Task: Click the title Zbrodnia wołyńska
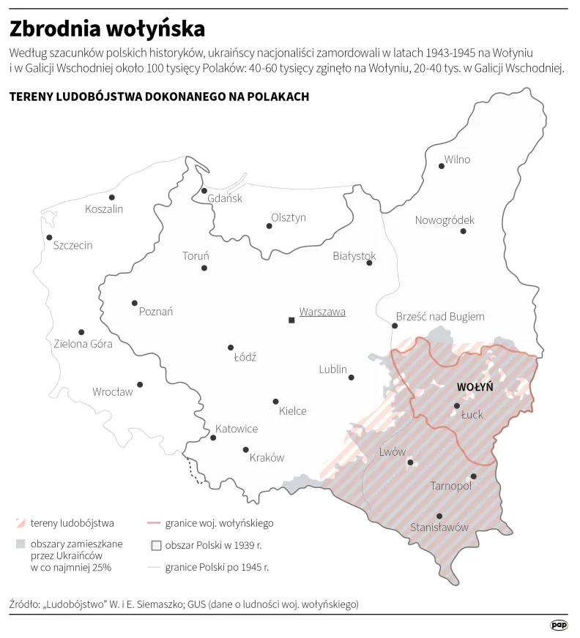107,29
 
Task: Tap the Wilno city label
457,159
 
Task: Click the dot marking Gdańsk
204,191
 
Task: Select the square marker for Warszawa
291,320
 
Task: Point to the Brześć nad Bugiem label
439,317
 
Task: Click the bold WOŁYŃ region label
475,386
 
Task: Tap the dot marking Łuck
457,405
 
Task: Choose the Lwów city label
392,451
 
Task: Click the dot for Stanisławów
439,517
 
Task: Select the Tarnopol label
450,486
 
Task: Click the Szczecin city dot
49,237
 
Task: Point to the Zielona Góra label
83,343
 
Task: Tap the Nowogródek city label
445,220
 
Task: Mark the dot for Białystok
369,263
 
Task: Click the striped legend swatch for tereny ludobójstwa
21,523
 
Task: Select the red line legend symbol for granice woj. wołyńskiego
153,523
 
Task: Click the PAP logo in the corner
559,624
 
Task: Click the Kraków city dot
245,450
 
